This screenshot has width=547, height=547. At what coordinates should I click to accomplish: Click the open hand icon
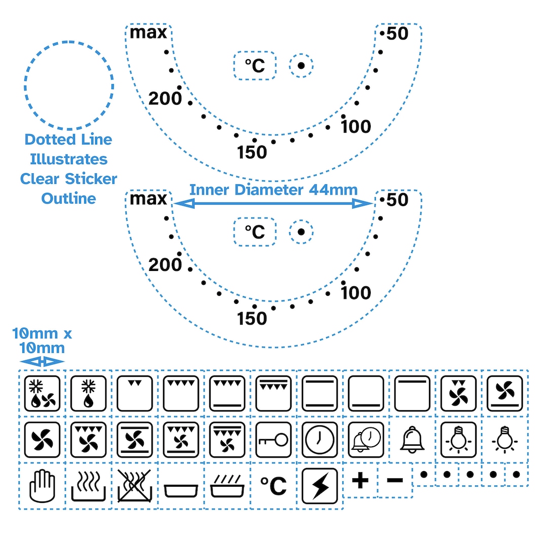pos(42,486)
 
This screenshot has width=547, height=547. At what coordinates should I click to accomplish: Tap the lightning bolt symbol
pos(320,486)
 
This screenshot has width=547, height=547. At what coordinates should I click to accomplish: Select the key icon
pos(273,440)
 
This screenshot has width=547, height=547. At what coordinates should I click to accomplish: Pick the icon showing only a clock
pos(320,440)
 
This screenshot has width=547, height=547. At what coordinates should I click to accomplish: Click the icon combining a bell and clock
pos(366,440)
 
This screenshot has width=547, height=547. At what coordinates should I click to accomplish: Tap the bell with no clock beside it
pos(412,440)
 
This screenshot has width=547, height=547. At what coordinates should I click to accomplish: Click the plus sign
pos(361,481)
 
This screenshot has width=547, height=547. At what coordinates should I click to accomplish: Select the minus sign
pos(395,481)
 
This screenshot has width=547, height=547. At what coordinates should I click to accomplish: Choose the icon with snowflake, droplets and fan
pos(42,394)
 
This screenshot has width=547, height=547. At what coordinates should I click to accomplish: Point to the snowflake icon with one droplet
pos(88,394)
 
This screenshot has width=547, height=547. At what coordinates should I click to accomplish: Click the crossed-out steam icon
pos(135,486)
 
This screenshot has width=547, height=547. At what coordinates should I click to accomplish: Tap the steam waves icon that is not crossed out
pos(88,486)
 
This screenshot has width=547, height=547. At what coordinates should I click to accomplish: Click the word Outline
pos(69,199)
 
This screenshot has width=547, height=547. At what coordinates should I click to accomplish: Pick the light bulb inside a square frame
pos(458,440)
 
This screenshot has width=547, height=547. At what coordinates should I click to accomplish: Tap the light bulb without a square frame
pos(505,440)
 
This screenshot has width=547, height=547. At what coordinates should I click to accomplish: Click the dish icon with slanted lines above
pos(227,486)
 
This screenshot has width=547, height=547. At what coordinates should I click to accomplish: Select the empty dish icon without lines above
pos(181,491)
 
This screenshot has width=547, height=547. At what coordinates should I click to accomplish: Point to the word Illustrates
pos(69,160)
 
